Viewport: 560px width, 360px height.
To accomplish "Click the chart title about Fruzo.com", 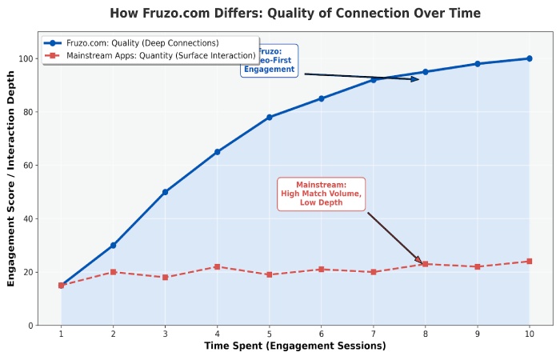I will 295,14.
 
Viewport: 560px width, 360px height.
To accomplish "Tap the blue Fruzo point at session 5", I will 270,118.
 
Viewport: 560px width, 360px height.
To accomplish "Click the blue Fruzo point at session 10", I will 529,58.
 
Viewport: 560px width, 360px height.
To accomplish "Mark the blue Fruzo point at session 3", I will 166,192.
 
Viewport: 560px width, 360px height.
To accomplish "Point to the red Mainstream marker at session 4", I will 218,266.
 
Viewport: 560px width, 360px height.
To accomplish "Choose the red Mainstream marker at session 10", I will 529,262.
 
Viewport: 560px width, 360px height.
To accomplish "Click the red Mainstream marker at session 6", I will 322,270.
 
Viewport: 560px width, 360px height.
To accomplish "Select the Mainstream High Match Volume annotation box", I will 321,194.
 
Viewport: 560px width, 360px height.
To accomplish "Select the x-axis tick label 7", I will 374,334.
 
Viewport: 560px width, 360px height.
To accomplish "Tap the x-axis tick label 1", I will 62,334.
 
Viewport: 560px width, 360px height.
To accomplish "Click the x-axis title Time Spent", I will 295,346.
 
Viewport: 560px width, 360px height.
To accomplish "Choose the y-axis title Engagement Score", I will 11,178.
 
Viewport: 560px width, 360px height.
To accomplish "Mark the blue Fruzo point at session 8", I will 426,72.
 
